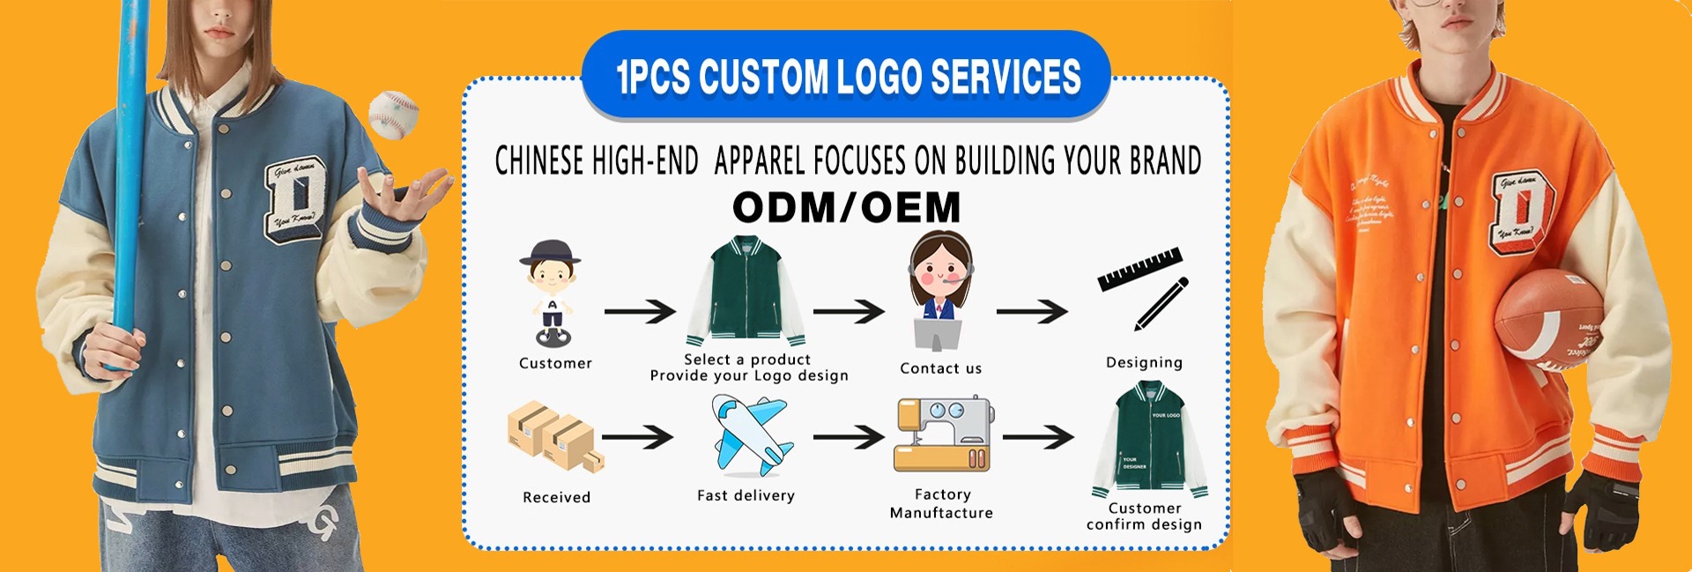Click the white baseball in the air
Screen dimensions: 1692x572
coord(393,114)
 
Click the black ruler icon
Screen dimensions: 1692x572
coord(1139,268)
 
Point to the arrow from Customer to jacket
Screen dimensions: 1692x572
coord(640,311)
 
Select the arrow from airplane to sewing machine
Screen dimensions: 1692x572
coord(848,436)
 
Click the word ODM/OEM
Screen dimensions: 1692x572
coord(846,208)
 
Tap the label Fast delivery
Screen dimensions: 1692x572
coord(746,496)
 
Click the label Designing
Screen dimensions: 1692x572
coord(1144,362)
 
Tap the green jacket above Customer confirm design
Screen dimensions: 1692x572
coord(1150,440)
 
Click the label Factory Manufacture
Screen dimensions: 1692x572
coord(941,504)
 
